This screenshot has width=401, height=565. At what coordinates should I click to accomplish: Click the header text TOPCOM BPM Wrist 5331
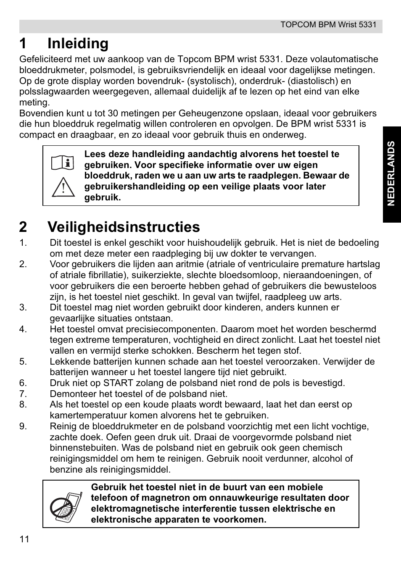(328, 24)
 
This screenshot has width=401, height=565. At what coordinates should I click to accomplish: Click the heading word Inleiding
(78, 43)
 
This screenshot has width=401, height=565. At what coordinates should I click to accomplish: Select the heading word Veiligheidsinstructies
(124, 227)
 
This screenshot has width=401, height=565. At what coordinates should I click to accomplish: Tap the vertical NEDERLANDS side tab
(391, 173)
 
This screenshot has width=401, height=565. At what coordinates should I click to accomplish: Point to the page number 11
(24, 540)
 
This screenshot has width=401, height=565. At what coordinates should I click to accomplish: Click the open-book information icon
(63, 162)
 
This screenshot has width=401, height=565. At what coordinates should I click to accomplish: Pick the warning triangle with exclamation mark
(63, 187)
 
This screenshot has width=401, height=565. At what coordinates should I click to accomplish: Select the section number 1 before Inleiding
(23, 43)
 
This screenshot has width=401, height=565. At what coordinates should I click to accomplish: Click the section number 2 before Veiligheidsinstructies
(23, 227)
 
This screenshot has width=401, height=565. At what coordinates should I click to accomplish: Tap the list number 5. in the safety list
(23, 361)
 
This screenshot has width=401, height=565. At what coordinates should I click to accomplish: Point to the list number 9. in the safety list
(23, 426)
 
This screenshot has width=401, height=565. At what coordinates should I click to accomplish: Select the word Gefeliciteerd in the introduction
(46, 59)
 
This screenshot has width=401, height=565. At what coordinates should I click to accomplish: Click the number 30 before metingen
(113, 113)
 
